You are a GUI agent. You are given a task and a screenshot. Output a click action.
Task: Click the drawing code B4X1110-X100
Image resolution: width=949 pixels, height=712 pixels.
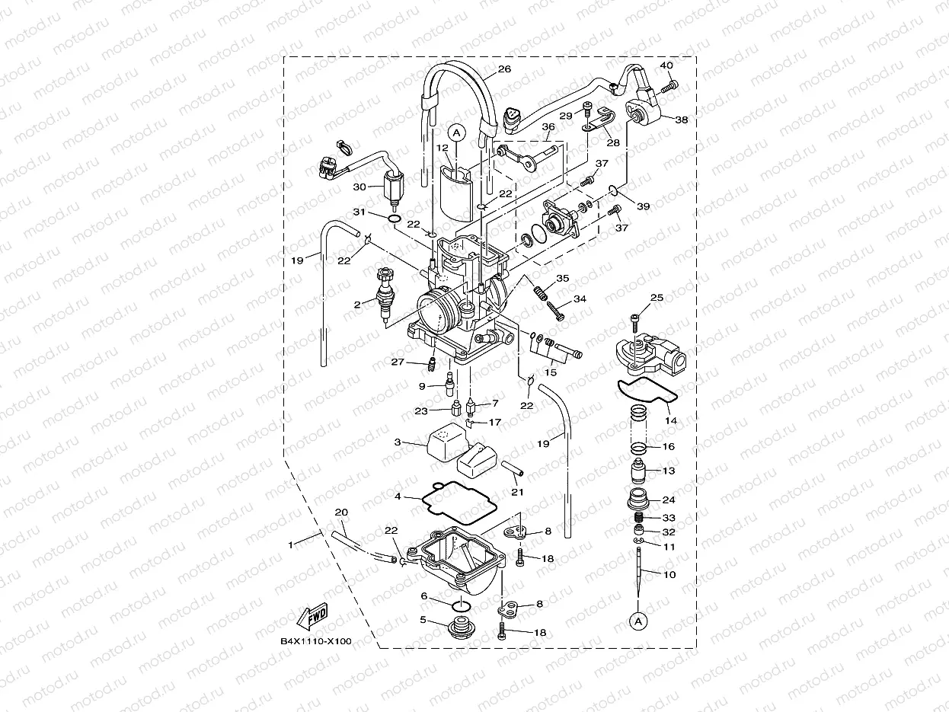[316, 641]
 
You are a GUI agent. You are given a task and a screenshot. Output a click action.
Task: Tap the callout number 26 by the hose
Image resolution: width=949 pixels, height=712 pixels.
[504, 69]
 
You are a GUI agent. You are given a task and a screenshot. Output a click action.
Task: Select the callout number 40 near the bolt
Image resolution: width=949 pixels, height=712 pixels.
[666, 65]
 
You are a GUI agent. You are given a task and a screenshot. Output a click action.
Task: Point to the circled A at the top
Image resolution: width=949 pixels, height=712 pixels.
[457, 133]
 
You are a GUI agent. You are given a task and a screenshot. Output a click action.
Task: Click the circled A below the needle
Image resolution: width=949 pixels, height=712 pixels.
[637, 621]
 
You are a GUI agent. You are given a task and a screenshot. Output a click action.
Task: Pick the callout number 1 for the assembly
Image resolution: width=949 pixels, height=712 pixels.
[289, 545]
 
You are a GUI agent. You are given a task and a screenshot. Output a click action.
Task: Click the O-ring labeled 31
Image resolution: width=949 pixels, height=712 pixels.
[394, 220]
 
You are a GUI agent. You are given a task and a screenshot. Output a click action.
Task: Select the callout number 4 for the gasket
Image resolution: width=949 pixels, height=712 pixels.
[398, 496]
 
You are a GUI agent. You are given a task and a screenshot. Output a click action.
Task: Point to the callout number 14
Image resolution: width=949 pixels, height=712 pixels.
[670, 420]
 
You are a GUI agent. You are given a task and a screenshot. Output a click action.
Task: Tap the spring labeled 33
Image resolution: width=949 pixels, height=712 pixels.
[640, 519]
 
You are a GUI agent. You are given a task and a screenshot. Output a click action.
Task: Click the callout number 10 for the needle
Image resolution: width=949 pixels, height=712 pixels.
[669, 575]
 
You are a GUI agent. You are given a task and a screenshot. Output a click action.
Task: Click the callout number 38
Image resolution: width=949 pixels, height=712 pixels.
[681, 120]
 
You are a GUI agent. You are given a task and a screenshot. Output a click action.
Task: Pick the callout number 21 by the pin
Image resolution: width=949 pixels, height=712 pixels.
[518, 492]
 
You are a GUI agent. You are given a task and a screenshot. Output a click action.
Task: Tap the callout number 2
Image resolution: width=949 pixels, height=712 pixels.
[357, 305]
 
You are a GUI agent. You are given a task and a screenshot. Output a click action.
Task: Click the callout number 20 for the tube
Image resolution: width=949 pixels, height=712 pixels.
[340, 512]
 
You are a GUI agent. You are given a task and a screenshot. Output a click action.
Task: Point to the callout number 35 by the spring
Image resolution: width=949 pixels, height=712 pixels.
[562, 279]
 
